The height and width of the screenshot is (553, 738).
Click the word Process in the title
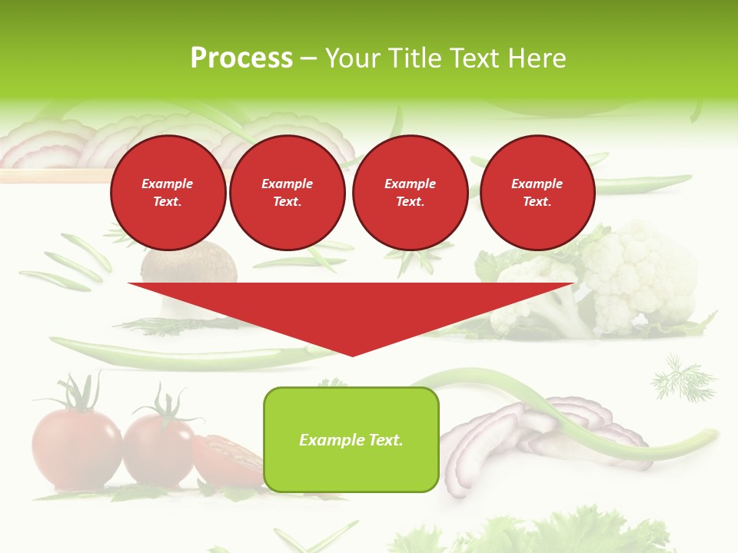(241, 58)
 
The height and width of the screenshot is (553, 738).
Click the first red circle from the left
(168, 192)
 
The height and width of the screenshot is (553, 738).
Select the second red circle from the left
(288, 192)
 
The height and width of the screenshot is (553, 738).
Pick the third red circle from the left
(410, 192)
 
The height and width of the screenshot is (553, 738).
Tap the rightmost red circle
(537, 192)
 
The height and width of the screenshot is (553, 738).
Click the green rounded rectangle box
(351, 439)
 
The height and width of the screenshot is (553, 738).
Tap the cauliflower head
(638, 276)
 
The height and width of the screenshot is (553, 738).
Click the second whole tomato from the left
(159, 449)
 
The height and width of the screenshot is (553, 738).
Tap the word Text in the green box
(386, 440)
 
